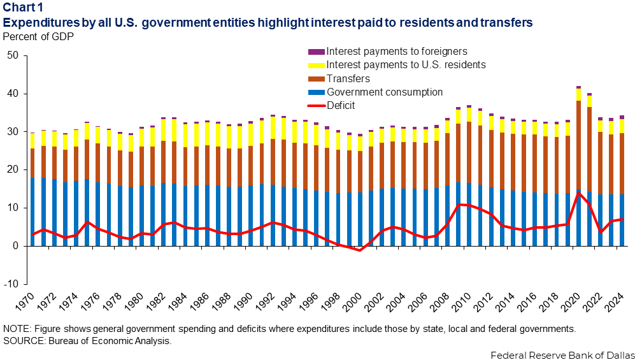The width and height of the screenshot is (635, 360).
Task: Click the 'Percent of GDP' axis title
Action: [38, 36]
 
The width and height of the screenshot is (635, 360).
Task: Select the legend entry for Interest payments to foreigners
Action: [395, 51]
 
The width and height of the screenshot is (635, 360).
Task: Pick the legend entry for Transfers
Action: [348, 78]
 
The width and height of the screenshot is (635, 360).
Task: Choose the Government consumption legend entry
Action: [384, 92]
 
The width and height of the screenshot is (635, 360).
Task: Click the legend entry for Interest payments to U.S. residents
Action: [406, 64]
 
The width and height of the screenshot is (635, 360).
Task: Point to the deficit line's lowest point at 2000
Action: [360, 250]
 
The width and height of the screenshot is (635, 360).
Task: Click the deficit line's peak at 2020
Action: [578, 192]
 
